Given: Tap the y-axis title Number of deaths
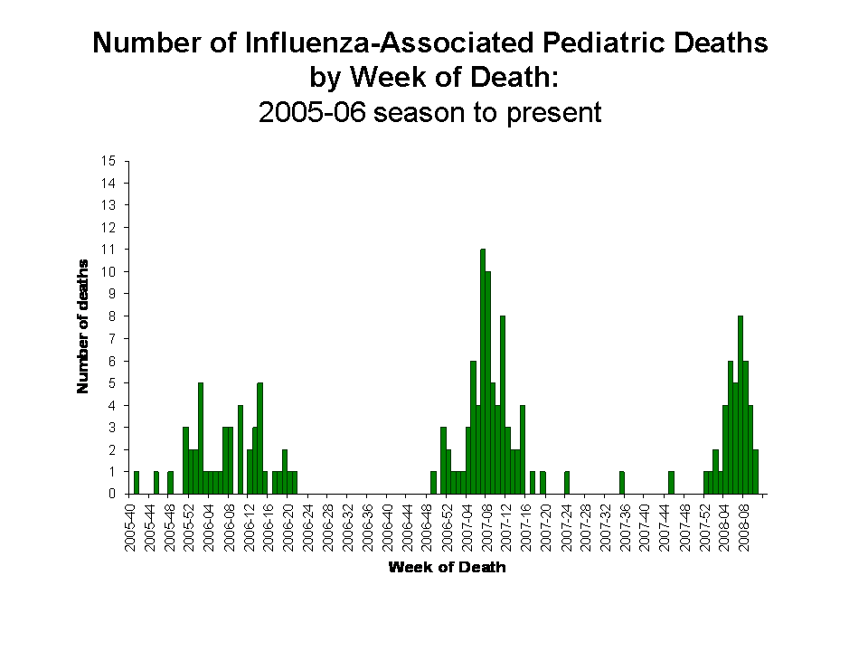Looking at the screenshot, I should point(83,326).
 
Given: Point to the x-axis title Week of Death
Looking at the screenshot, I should point(447,568).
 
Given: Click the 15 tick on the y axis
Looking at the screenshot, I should point(108,161).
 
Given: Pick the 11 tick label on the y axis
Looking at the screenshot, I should point(108,250).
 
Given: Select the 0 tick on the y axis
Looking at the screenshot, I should point(112,494).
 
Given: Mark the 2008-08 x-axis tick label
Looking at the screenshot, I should point(744,524).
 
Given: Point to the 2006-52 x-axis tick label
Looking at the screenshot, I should point(447,524).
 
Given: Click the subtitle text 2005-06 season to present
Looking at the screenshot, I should point(429,113).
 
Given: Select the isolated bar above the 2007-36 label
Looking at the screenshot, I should point(621,483).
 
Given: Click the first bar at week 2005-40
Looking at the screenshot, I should point(137,483).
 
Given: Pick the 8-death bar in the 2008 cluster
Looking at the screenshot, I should point(741,404).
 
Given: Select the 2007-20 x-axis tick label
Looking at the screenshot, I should point(545,524).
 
